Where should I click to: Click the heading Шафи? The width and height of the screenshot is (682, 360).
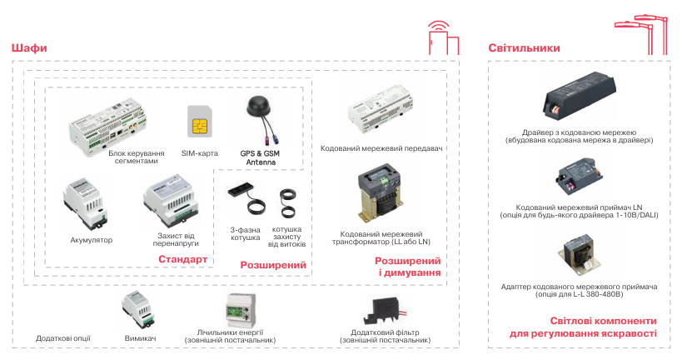point(29,48)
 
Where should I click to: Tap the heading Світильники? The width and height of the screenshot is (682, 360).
point(524,48)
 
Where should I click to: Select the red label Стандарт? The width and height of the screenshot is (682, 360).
point(182,260)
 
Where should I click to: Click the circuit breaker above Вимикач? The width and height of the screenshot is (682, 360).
point(137,310)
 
